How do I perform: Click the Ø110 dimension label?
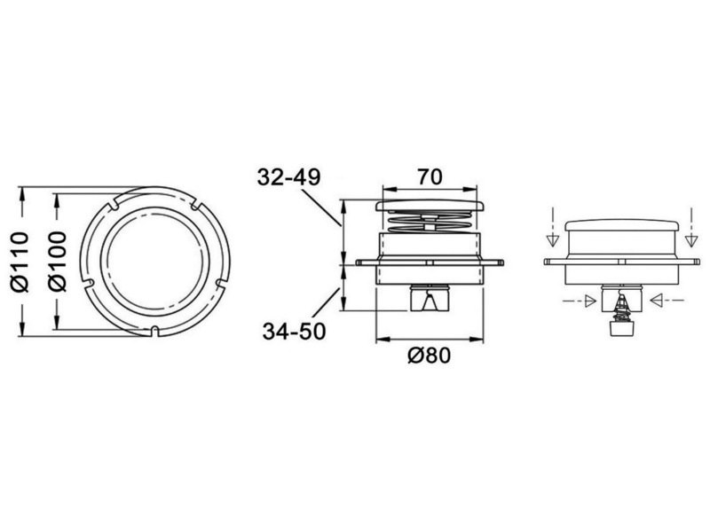(x=20, y=262)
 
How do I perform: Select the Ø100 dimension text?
(x=58, y=262)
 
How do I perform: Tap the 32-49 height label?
(x=289, y=176)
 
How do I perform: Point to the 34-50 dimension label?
(x=295, y=332)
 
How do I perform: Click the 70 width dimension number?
(x=430, y=176)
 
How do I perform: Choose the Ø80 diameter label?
(x=430, y=356)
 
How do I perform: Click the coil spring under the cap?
(x=430, y=223)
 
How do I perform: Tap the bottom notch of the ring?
(x=154, y=331)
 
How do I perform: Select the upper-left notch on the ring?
(x=113, y=203)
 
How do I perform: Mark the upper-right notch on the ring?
(x=196, y=204)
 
